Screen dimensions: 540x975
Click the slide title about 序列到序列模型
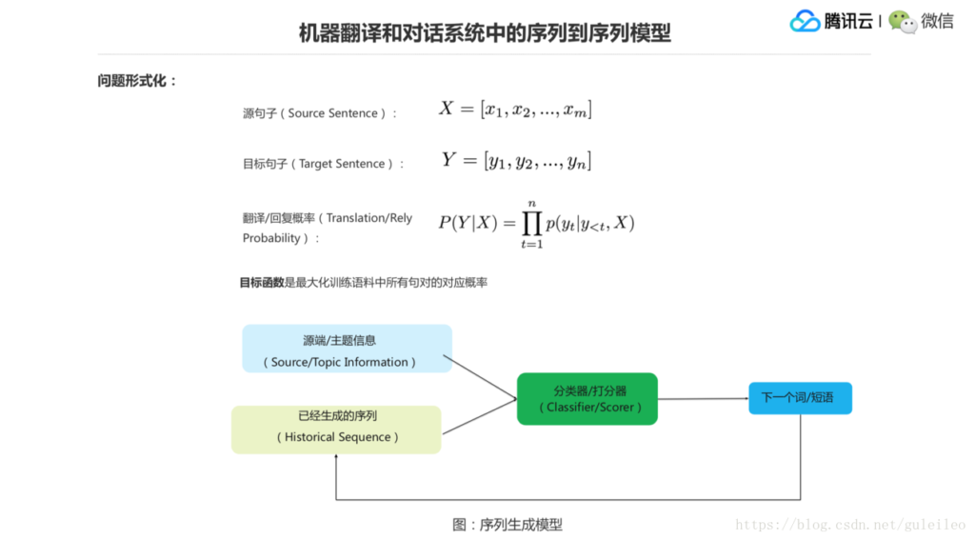pyautogui.click(x=485, y=33)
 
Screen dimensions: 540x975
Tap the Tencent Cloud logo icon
pyautogui.click(x=805, y=21)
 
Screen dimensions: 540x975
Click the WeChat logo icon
pyautogui.click(x=903, y=22)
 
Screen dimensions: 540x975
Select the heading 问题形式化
pyautogui.click(x=137, y=81)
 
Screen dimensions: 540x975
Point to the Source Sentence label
pyautogui.click(x=320, y=113)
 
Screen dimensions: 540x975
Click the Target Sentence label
pyautogui.click(x=324, y=164)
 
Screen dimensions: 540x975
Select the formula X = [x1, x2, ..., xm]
pyautogui.click(x=515, y=110)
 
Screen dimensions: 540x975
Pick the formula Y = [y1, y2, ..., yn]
pyautogui.click(x=516, y=160)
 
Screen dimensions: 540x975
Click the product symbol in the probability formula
pyautogui.click(x=530, y=223)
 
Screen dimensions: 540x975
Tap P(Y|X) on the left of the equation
pyautogui.click(x=468, y=223)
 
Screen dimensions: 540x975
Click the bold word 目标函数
pyautogui.click(x=261, y=282)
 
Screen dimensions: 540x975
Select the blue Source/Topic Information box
pyautogui.click(x=347, y=349)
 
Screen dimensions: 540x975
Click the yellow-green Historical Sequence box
pyautogui.click(x=336, y=429)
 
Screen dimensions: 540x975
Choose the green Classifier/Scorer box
pyautogui.click(x=587, y=398)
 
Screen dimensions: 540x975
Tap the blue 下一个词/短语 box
pyautogui.click(x=800, y=398)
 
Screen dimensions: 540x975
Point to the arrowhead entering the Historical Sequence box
pyautogui.click(x=336, y=459)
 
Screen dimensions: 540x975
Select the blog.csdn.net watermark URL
pyautogui.click(x=850, y=525)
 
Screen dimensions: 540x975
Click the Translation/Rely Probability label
pyautogui.click(x=328, y=228)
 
